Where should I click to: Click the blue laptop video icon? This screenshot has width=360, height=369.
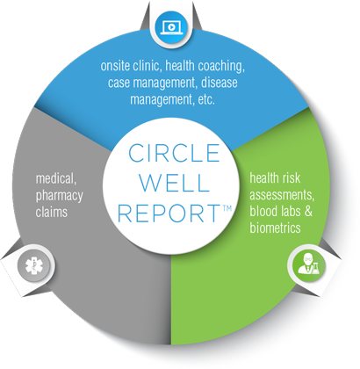[x=171, y=27]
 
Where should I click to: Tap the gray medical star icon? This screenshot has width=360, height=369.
[x=34, y=265]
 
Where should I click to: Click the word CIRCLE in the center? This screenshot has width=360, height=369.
[x=174, y=153]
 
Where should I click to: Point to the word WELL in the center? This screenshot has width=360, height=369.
[x=175, y=183]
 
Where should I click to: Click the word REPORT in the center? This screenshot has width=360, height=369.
[x=169, y=213]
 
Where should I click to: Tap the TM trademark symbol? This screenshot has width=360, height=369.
[x=227, y=208]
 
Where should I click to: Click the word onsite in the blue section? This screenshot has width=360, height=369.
[x=115, y=66]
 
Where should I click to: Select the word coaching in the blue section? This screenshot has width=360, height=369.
[x=221, y=66]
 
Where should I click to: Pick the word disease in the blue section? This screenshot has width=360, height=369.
[x=220, y=83]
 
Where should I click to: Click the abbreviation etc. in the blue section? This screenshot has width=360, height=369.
[x=206, y=99]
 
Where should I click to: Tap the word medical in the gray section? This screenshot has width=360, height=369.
[x=56, y=178]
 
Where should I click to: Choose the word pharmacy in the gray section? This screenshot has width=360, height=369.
[x=60, y=196]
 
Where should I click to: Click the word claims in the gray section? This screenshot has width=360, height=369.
[x=52, y=212]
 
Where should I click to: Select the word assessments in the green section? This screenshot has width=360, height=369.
[x=282, y=195]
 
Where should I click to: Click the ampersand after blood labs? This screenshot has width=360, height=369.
[x=308, y=211]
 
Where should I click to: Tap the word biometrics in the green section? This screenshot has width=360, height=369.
[x=275, y=228]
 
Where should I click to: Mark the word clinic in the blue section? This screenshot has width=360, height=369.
[x=148, y=66]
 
